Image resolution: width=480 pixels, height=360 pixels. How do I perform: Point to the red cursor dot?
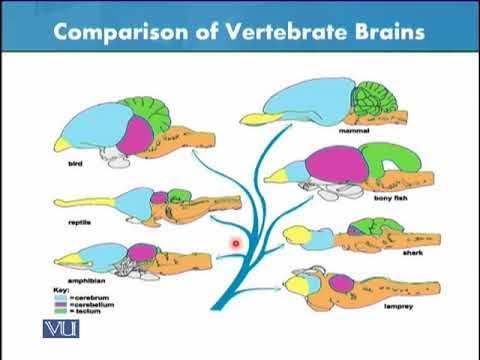[237, 242]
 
